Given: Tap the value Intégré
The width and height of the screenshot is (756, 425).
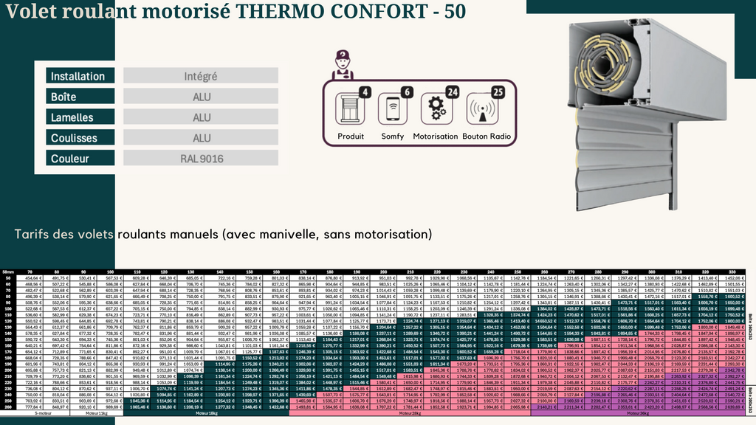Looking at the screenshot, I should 200,76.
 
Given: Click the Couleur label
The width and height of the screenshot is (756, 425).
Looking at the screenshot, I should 82,159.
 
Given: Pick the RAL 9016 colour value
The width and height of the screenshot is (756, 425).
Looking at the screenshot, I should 200,159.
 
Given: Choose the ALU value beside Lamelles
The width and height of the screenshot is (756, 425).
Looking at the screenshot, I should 200,117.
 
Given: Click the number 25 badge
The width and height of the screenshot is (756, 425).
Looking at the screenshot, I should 497,92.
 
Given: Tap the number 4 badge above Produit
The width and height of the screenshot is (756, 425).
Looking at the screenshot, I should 364,92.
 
